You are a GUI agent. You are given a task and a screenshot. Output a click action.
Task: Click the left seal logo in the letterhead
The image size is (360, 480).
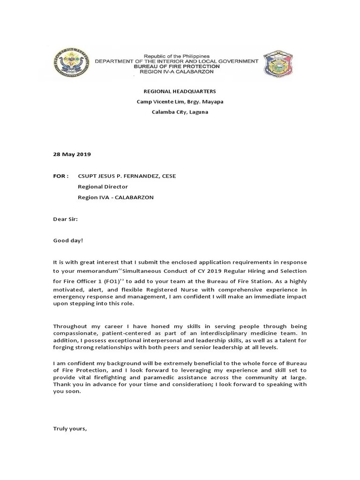(73, 63)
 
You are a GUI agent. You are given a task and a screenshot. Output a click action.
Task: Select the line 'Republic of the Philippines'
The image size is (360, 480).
(176, 56)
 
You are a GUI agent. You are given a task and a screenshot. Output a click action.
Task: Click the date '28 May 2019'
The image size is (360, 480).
(72, 154)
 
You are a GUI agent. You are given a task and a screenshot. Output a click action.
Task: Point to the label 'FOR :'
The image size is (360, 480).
(61, 176)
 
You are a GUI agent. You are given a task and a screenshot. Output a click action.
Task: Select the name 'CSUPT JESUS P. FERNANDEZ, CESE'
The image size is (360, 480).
(127, 176)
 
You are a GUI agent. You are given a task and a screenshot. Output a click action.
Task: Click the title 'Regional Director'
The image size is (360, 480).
(102, 187)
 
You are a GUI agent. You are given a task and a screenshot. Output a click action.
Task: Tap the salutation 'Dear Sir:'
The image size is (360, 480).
(65, 218)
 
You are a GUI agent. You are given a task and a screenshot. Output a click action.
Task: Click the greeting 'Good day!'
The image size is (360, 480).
(68, 240)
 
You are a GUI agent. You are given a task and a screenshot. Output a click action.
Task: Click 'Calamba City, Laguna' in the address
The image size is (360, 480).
(173, 112)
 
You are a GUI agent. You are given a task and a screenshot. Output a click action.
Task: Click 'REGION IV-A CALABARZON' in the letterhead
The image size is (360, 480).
(176, 72)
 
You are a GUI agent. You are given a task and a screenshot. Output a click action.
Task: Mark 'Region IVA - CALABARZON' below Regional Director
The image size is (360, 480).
(115, 197)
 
